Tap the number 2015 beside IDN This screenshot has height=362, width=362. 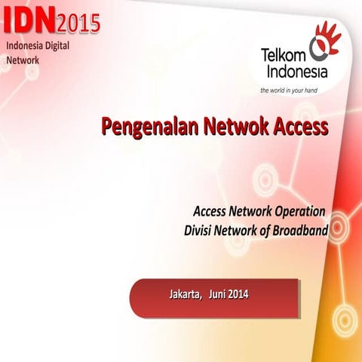(x=78, y=23)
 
